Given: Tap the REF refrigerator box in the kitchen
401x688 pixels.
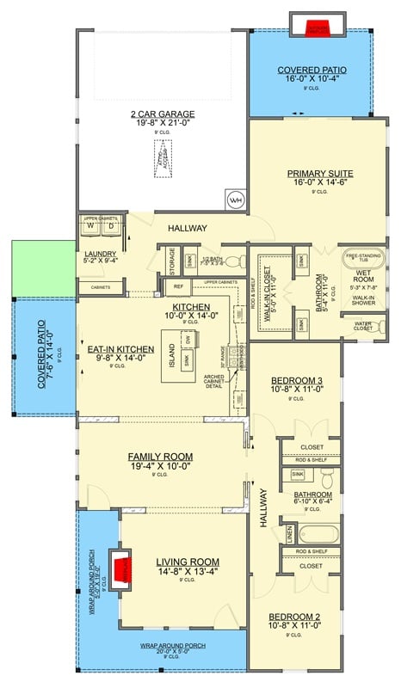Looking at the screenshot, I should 178,286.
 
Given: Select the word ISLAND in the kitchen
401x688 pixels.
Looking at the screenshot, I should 171,353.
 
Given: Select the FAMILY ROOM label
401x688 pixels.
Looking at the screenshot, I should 160,457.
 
